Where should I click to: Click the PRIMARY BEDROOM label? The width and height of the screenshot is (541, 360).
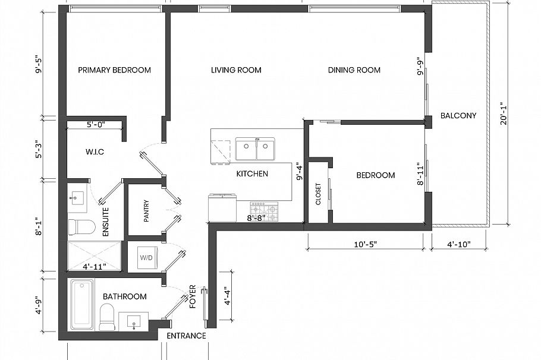pos(114,70)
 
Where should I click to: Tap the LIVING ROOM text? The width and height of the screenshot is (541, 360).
pos(236,70)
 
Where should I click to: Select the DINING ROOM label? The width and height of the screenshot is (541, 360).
pos(354,70)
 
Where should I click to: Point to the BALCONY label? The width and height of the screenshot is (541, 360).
pos(458,116)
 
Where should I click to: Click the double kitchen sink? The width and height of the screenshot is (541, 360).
pos(256,149)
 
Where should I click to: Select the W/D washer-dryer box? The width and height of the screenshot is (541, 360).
pos(145,258)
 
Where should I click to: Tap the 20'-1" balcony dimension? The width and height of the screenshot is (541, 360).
pos(504,113)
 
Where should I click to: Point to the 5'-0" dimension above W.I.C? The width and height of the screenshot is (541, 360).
pos(95,125)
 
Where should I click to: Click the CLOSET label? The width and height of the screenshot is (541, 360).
pos(318,194)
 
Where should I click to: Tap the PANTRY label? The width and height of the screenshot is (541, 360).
pos(146,211)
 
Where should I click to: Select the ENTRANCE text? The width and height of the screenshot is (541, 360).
pos(186,336)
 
